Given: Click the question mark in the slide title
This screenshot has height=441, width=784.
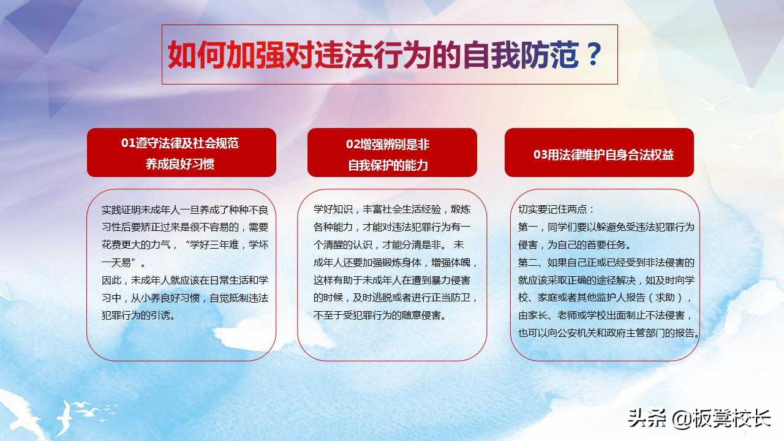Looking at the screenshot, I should tap(592, 55).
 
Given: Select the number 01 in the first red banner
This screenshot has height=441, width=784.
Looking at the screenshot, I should tap(128, 143).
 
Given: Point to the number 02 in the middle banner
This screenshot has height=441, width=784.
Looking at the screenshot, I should tap(353, 145).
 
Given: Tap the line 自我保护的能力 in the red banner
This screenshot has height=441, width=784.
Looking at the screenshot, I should tap(388, 165).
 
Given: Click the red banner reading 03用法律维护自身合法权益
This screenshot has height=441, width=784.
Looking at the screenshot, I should tap(599, 153).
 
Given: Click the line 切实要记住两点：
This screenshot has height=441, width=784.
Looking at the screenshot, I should tap(556, 209).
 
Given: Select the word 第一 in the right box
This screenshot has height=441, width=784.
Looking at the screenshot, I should tap(528, 227).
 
